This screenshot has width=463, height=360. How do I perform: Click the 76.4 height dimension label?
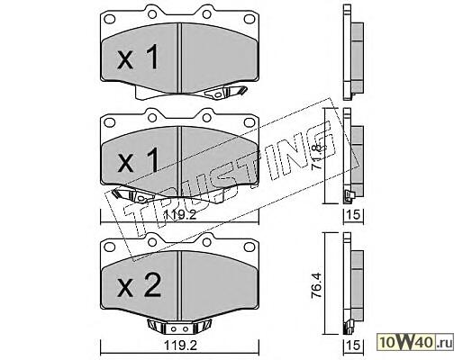point(316,285)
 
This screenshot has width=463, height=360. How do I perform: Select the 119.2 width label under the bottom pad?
point(180,346)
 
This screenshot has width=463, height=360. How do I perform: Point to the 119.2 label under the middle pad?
point(180,215)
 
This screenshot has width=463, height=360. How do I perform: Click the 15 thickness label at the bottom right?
point(353,346)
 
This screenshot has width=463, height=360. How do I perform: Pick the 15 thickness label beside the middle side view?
point(353,215)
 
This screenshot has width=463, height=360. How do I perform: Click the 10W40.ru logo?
point(416,342)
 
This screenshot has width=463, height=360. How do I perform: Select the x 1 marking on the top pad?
point(138,57)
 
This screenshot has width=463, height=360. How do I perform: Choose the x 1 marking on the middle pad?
point(138,160)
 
